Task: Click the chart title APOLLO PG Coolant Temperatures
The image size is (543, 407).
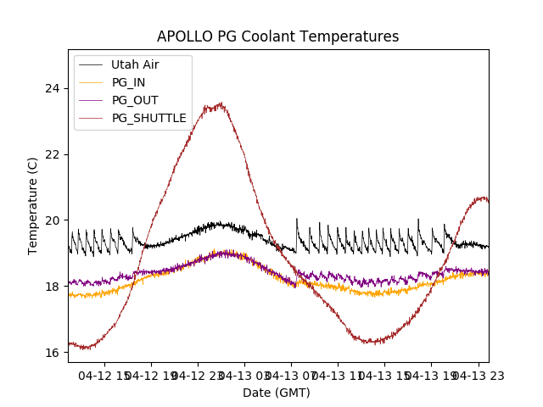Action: (277, 37)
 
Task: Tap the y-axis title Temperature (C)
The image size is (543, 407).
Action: (33, 206)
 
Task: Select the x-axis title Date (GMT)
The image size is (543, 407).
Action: (277, 393)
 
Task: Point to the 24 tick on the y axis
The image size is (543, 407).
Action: (53, 88)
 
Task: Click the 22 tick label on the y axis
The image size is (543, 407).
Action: (53, 154)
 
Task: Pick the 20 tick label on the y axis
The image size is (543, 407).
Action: (53, 220)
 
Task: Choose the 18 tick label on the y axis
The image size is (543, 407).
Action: (53, 287)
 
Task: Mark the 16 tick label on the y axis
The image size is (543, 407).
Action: (53, 353)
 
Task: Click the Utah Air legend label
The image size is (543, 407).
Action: (135, 64)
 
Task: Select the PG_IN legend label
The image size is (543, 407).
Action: (129, 82)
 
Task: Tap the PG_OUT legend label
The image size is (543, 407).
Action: (135, 100)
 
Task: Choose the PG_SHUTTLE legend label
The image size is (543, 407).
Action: (148, 118)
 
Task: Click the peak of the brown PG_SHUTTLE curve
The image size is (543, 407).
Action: (221, 104)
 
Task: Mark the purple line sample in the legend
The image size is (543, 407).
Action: (91, 100)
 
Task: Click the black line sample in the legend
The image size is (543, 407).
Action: (91, 64)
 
